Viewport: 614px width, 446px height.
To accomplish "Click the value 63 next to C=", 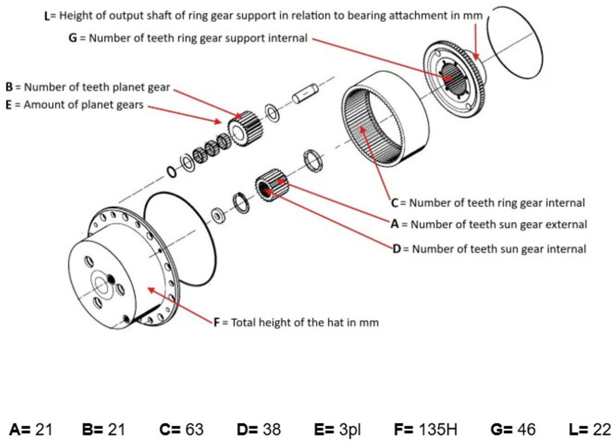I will (x=194, y=429).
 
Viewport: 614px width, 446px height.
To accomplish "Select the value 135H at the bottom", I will (x=437, y=429).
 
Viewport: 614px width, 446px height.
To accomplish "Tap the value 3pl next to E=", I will (x=350, y=429).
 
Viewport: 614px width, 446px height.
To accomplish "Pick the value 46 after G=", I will (x=526, y=429).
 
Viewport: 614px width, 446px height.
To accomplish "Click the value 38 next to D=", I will (x=272, y=429).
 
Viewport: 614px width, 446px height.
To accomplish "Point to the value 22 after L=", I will (x=602, y=429).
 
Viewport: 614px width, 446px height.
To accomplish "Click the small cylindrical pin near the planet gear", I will (x=305, y=93).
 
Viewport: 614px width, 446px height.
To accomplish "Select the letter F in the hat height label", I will (x=217, y=323).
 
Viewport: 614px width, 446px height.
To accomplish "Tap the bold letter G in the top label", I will (x=73, y=38).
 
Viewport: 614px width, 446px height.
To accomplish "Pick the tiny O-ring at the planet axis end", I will (x=171, y=171).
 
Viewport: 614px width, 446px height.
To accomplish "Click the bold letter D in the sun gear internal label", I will (x=396, y=249).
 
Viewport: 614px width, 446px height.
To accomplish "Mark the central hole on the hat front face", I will (x=102, y=286).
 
